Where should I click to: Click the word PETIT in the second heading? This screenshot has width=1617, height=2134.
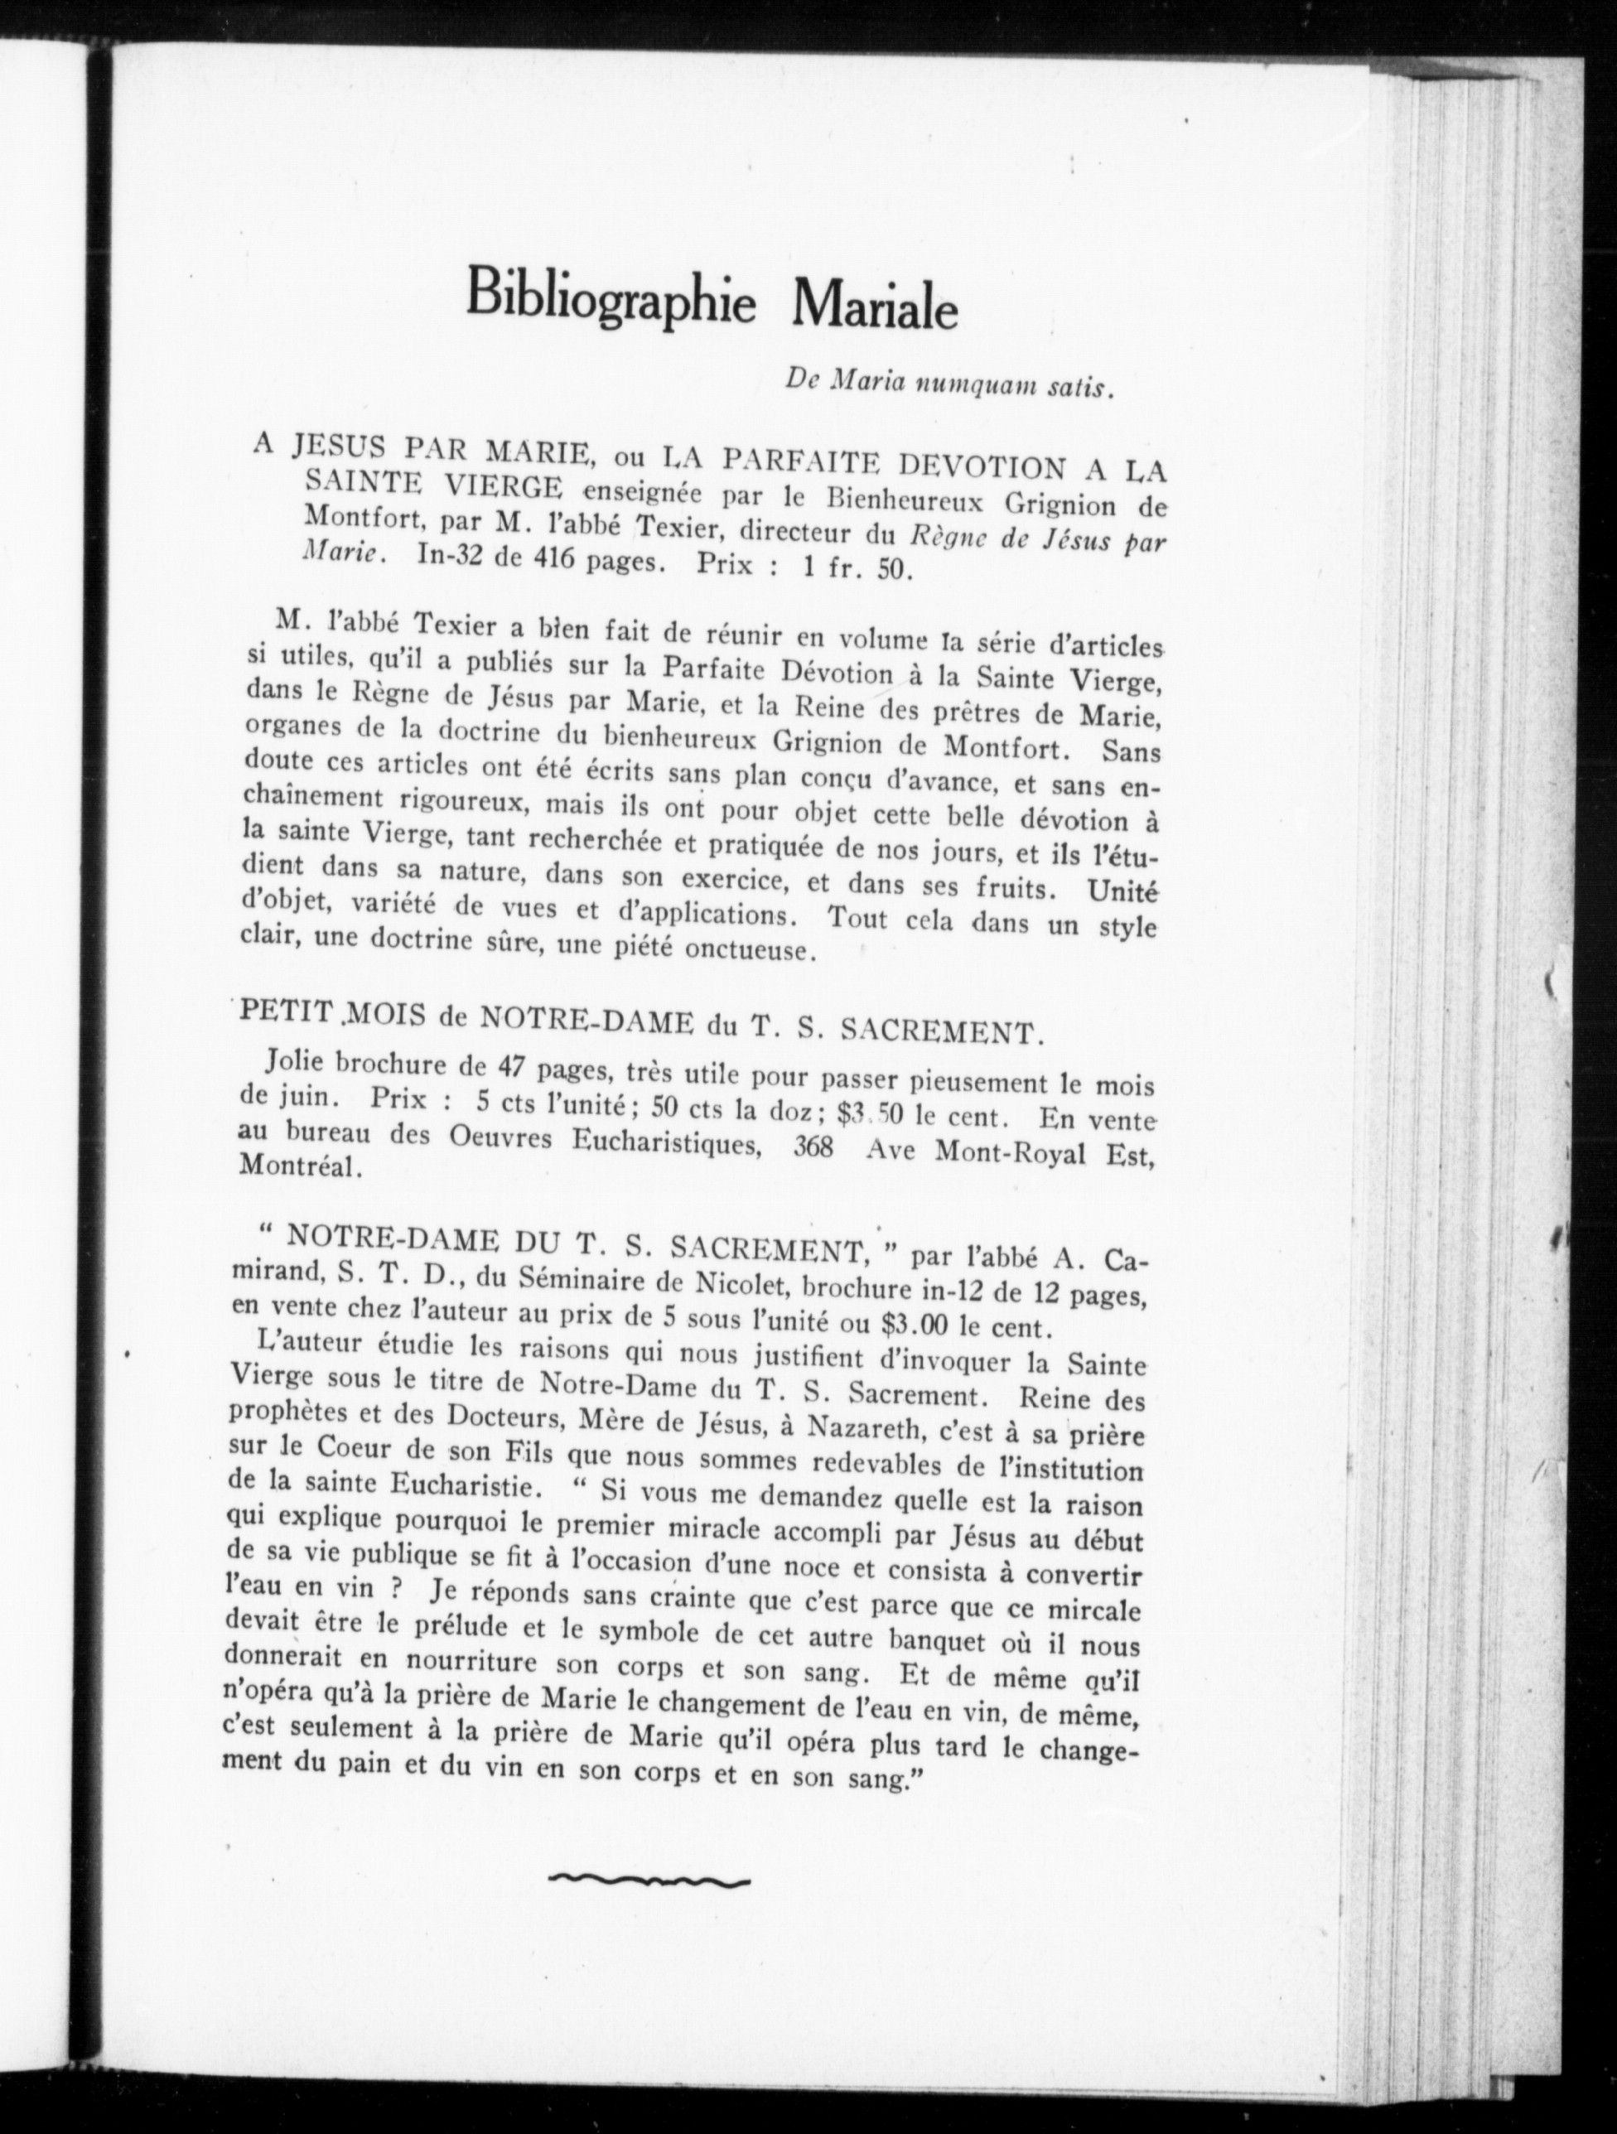click(286, 1016)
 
